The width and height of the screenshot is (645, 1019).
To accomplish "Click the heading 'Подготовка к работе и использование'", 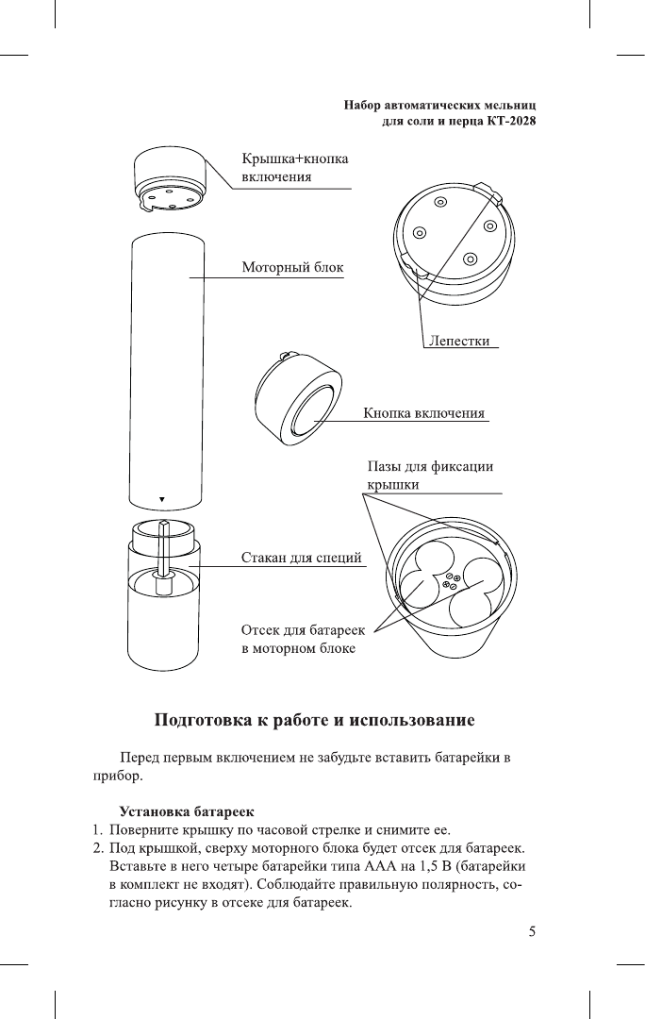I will [x=314, y=721].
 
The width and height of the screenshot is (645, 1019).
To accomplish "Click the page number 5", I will [x=532, y=932].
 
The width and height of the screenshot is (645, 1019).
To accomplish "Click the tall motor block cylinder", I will [x=164, y=368].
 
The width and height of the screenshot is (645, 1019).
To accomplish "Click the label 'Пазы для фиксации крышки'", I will [x=429, y=475].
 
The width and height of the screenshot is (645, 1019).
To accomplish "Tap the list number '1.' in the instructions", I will [x=97, y=830].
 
